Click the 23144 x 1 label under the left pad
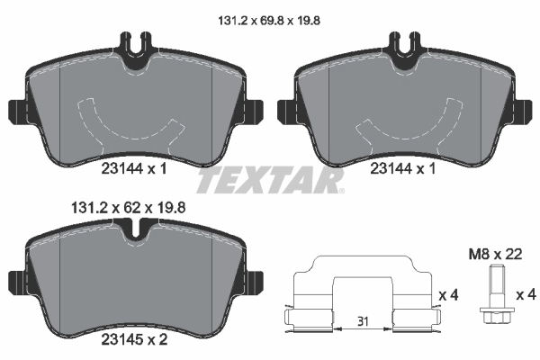tap(134, 166)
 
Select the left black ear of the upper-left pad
tap(15, 112)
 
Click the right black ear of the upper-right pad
tap(526, 112)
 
